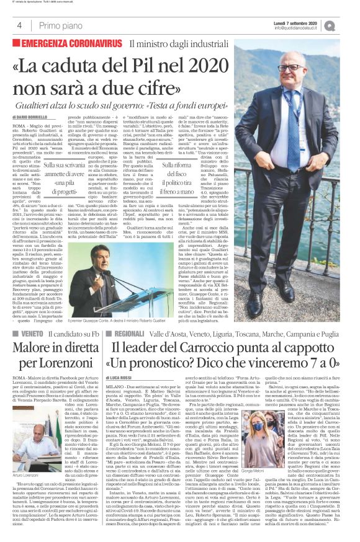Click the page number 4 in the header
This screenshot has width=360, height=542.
[20, 25]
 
